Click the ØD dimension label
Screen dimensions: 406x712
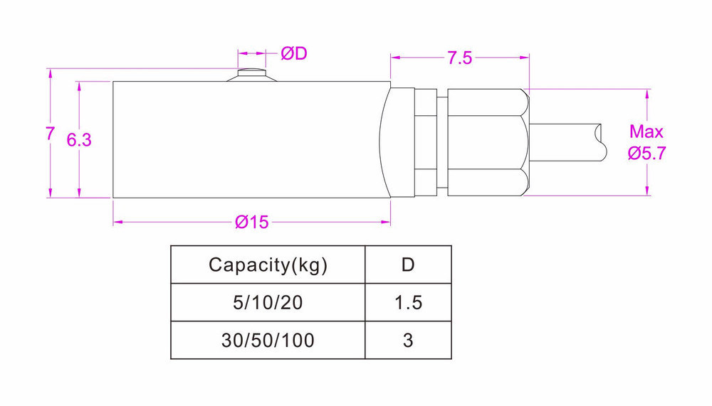coord(293,54)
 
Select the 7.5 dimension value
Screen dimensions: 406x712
coord(459,58)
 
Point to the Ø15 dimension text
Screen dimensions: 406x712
coord(251,223)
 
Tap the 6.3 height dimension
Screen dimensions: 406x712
coord(79,140)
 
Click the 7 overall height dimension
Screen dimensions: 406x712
coord(49,133)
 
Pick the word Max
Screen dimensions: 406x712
coord(646,132)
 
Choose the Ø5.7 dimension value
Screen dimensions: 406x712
coord(646,153)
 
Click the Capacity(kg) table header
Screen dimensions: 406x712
coord(268,265)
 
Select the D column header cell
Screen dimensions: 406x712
coord(408,265)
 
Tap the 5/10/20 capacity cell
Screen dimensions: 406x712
coord(268,303)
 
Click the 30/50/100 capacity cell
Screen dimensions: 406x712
coord(268,341)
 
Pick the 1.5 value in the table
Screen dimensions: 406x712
coord(408,303)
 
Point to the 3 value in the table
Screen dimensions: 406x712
coord(408,341)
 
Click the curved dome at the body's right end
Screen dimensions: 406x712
coord(388,139)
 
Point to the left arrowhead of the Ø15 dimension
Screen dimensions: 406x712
coord(117,223)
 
